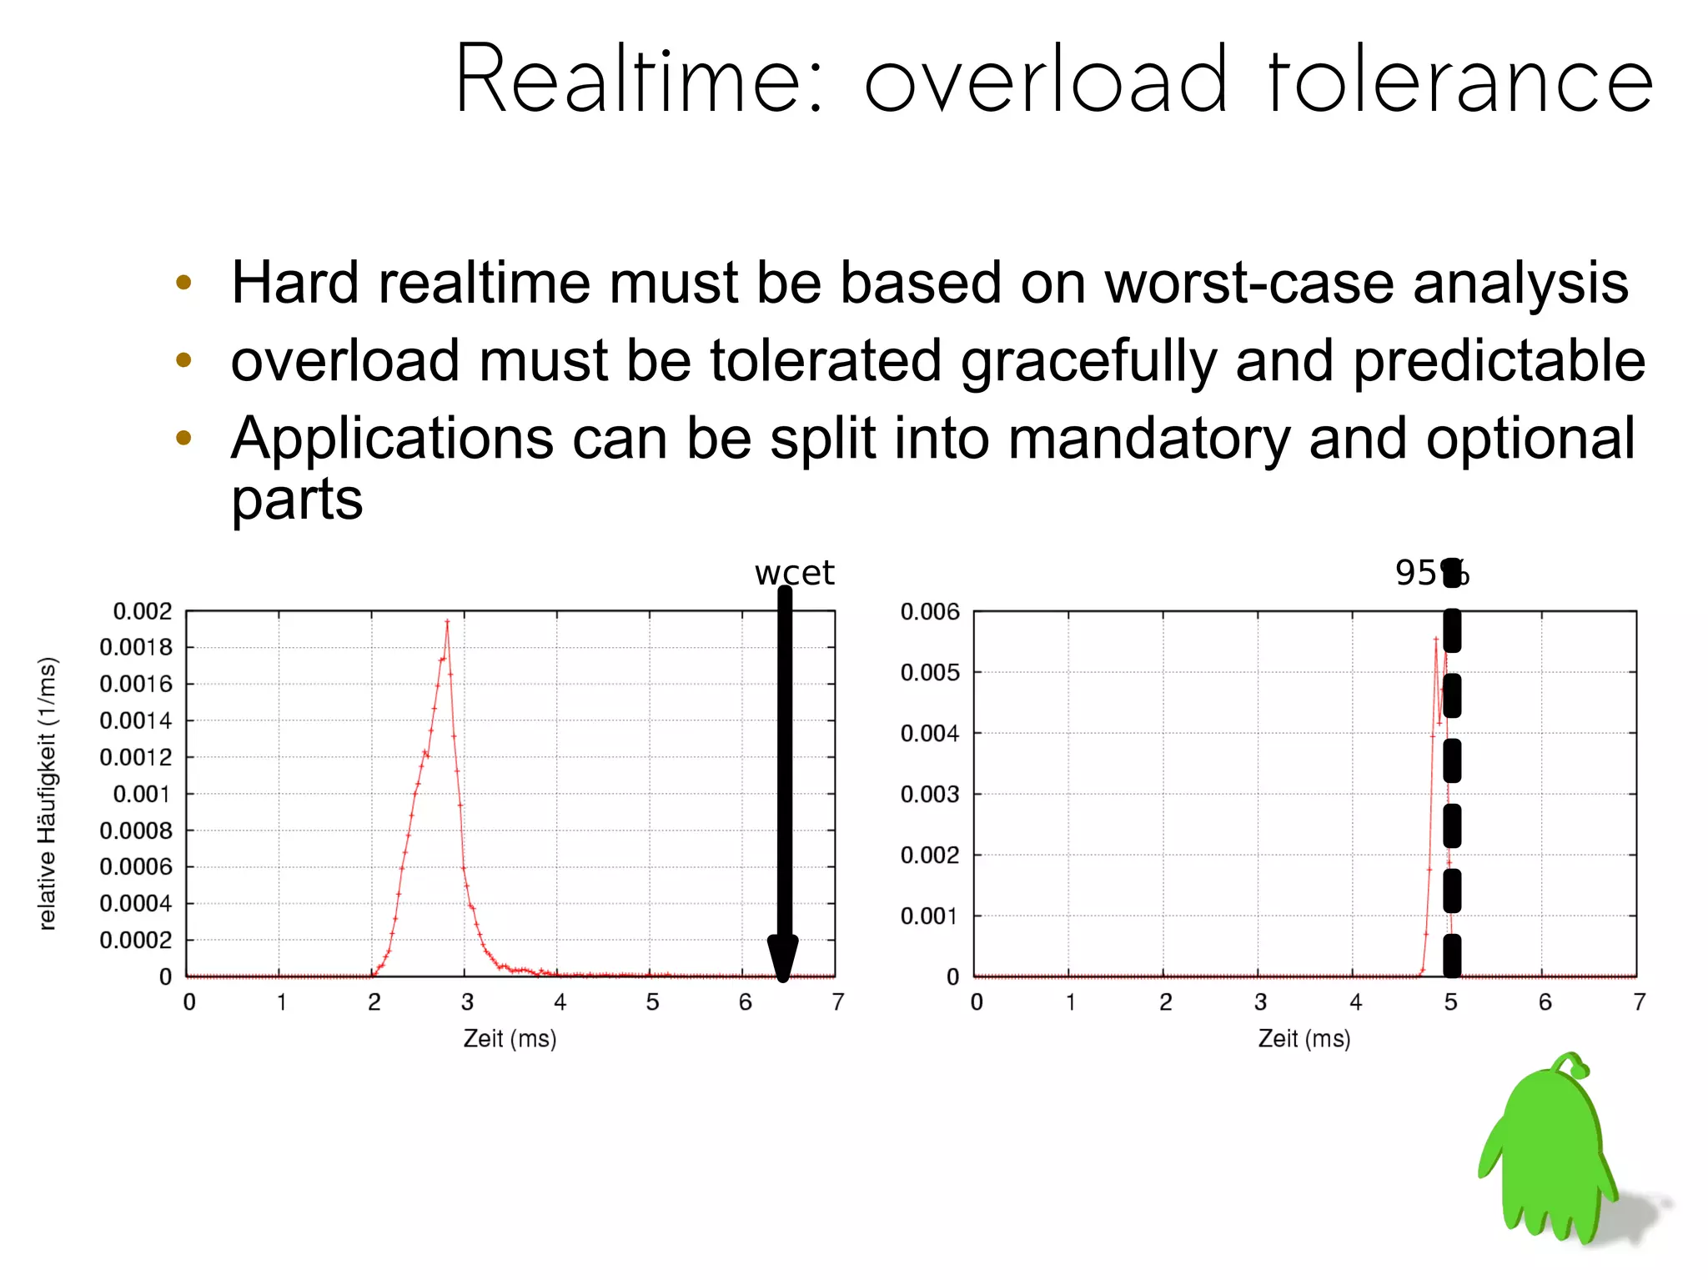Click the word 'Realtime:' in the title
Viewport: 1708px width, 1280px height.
(638, 79)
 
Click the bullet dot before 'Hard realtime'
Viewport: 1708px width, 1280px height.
(184, 283)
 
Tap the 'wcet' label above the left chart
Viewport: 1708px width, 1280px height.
(794, 573)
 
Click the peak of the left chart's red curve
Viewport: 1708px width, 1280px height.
(447, 621)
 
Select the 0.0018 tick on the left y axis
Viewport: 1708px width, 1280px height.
(136, 647)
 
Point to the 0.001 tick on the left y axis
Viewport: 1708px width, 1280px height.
(142, 794)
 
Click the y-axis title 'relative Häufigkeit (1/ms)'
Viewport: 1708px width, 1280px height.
(48, 793)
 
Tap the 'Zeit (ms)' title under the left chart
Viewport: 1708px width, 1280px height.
(510, 1038)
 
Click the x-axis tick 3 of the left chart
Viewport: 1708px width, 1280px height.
(467, 1001)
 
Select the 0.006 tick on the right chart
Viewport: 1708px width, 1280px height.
(930, 612)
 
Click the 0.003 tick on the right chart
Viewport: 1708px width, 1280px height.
(930, 794)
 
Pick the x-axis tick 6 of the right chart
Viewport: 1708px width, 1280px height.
(1545, 1001)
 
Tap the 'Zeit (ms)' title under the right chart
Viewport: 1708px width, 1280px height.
(1304, 1038)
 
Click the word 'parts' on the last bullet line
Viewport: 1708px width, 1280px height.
(297, 500)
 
